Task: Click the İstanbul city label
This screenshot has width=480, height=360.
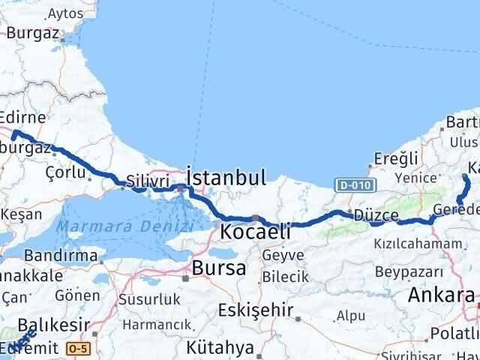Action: tap(225, 178)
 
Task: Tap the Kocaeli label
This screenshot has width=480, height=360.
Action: tap(255, 232)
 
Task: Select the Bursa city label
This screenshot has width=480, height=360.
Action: tap(218, 268)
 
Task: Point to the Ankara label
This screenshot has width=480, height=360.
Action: tap(441, 294)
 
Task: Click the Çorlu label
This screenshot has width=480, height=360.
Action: tap(64, 171)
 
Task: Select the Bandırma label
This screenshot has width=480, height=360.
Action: tap(61, 256)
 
